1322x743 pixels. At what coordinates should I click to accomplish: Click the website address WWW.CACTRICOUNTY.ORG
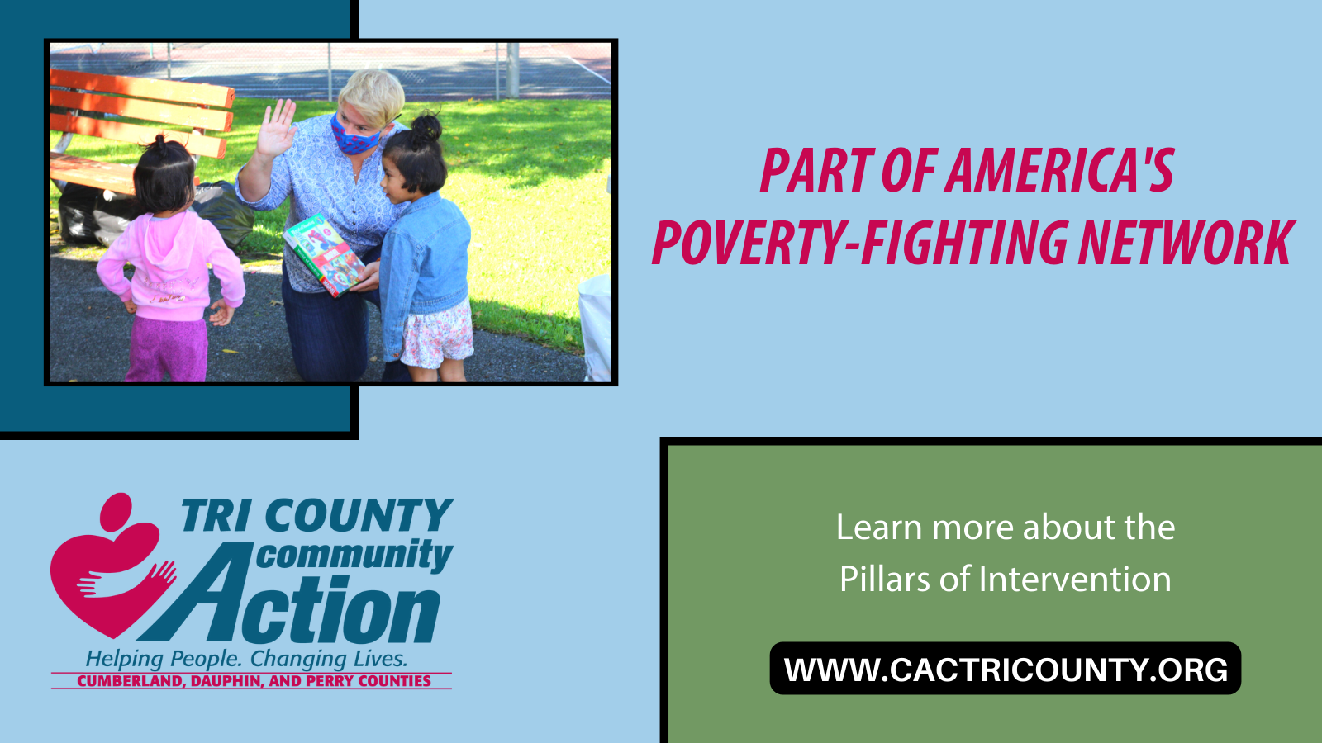coord(1006,670)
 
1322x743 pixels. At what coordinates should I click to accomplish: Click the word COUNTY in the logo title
coord(359,517)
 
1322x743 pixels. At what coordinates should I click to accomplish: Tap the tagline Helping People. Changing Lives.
coord(246,659)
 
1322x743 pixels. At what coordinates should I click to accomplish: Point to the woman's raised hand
coord(276,129)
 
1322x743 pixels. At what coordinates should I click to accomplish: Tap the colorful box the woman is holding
coord(324,253)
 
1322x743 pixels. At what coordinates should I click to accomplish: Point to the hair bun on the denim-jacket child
coord(426,127)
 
